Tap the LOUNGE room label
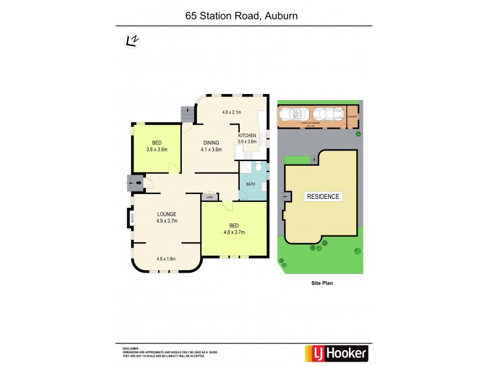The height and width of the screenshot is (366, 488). click(166, 214)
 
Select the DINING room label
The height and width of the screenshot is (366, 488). click(212, 143)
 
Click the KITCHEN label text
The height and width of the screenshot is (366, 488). click(247, 135)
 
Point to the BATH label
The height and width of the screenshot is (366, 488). click(251, 184)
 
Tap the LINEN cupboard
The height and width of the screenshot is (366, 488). click(209, 196)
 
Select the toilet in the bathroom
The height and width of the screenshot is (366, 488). click(259, 167)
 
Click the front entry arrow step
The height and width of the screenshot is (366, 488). click(135, 182)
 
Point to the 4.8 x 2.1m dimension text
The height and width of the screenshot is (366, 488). click(232, 112)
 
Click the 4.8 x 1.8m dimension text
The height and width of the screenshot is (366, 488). click(166, 259)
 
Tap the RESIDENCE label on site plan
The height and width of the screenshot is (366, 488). click(323, 196)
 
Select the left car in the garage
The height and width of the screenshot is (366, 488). click(293, 114)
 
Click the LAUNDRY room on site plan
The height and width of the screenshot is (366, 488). click(352, 116)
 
